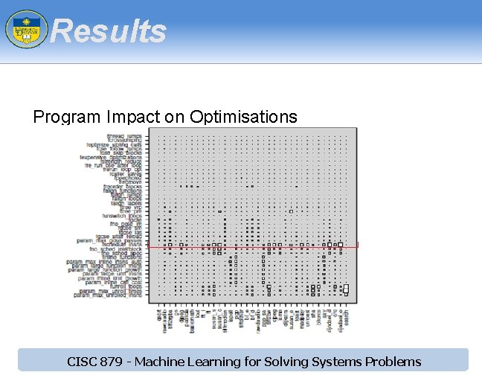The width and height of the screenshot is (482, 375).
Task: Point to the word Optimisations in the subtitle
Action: [x=243, y=117]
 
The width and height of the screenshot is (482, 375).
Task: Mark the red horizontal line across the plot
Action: [x=253, y=244]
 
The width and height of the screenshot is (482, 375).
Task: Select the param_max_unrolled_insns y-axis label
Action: [x=112, y=295]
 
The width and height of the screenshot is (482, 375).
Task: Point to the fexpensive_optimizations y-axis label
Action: [x=116, y=158]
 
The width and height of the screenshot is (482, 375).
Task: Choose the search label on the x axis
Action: [x=347, y=312]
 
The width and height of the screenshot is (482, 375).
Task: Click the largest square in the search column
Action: [x=346, y=289]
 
